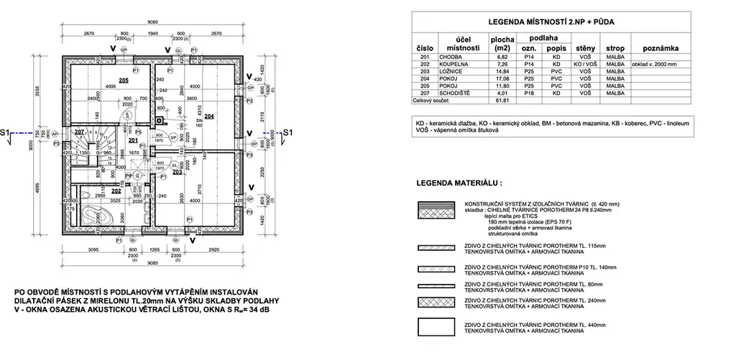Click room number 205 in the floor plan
tap(124, 80)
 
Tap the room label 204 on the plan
tap(209, 116)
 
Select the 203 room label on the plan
tap(178, 172)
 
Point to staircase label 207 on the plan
tap(80, 132)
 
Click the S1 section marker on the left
tap(6, 133)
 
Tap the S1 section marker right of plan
tap(285, 133)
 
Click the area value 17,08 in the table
tap(499, 78)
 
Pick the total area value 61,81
tap(499, 101)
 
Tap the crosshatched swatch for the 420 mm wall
tap(437, 209)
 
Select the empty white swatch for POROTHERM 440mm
tap(437, 327)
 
